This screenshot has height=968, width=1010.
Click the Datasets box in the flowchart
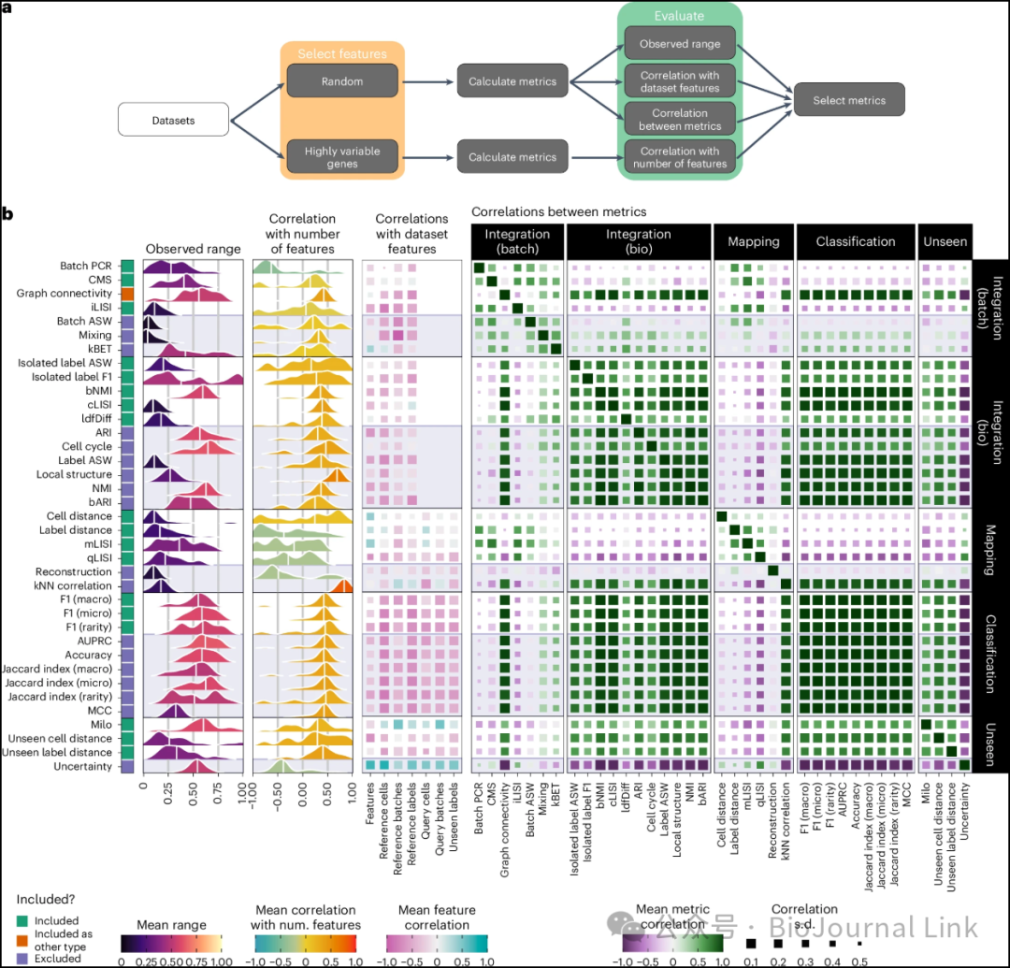pyautogui.click(x=173, y=121)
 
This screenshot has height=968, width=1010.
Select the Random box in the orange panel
pyautogui.click(x=342, y=81)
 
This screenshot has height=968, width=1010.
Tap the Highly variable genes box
pyautogui.click(x=342, y=156)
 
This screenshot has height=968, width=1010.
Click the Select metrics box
pyautogui.click(x=849, y=100)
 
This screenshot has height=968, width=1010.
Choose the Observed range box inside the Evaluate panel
pyautogui.click(x=680, y=44)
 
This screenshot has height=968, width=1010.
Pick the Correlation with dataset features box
pyautogui.click(x=680, y=81)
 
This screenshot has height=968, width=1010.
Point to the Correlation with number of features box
pyautogui.click(x=680, y=156)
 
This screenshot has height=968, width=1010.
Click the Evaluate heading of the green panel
pyautogui.click(x=680, y=15)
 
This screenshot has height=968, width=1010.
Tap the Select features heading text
pyautogui.click(x=341, y=54)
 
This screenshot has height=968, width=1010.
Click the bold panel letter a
pyautogui.click(x=7, y=7)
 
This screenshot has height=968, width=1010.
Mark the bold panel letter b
pyautogui.click(x=7, y=215)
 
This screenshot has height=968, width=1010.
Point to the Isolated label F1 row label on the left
pyautogui.click(x=70, y=377)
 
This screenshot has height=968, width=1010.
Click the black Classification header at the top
pyautogui.click(x=856, y=241)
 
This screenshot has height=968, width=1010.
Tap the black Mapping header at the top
pyautogui.click(x=754, y=241)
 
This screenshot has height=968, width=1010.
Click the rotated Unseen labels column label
pyautogui.click(x=455, y=820)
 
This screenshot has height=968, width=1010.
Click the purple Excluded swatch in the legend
pyautogui.click(x=21, y=958)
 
